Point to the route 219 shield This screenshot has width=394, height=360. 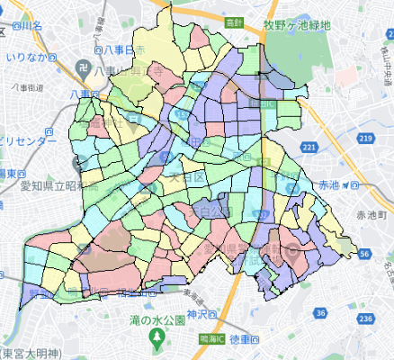tap(364, 138)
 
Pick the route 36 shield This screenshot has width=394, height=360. tap(321, 312)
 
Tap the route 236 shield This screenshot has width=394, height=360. tap(365, 319)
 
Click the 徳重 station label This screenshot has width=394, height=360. tap(243, 339)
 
